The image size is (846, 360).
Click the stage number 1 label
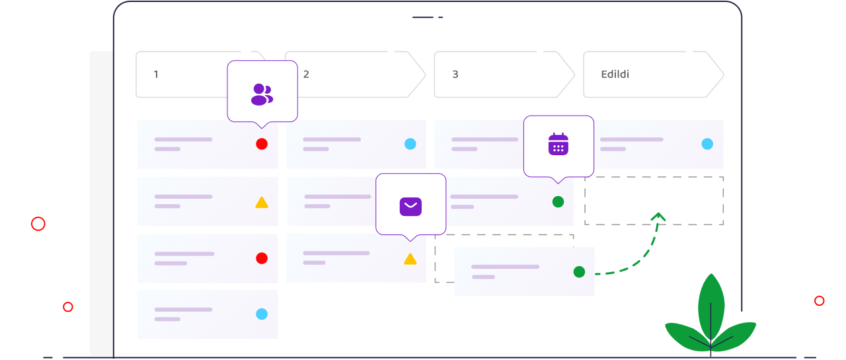pos(156,75)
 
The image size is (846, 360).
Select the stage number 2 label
pos(306,75)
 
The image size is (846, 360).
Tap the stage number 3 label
pos(455,75)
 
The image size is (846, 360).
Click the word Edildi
pos(615,75)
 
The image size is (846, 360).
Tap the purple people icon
pos(262,94)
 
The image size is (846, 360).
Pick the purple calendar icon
pos(558,144)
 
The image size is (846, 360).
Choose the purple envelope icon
pos(410,207)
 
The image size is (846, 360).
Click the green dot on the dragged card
pos(579,271)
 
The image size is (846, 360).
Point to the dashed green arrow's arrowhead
pos(658,215)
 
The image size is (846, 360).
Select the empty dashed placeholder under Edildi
pos(654,201)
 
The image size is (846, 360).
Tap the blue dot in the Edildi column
pos(707,144)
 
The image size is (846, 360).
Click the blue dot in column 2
pos(410,144)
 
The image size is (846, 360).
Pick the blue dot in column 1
pos(262,314)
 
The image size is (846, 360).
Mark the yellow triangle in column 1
pos(262,203)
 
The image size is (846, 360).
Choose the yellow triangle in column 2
pos(410,259)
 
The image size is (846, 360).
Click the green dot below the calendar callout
pos(558,201)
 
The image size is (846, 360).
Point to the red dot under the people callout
pos(262,144)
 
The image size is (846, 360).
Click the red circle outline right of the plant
pos(820,301)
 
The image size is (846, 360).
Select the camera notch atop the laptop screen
pos(428,17)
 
